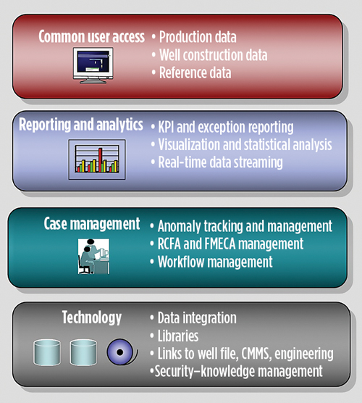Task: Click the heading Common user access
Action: tap(91, 36)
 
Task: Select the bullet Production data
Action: tap(197, 36)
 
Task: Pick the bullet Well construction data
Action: tap(212, 54)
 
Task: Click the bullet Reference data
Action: tap(195, 72)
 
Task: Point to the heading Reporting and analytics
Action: tap(82, 125)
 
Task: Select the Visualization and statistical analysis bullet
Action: tap(245, 144)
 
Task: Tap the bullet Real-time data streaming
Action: tap(220, 162)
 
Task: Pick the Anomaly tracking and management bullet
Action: tap(245, 226)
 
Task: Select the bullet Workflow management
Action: tap(214, 262)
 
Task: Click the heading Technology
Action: tap(91, 318)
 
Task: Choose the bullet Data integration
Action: tap(196, 318)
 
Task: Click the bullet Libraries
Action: tap(179, 336)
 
